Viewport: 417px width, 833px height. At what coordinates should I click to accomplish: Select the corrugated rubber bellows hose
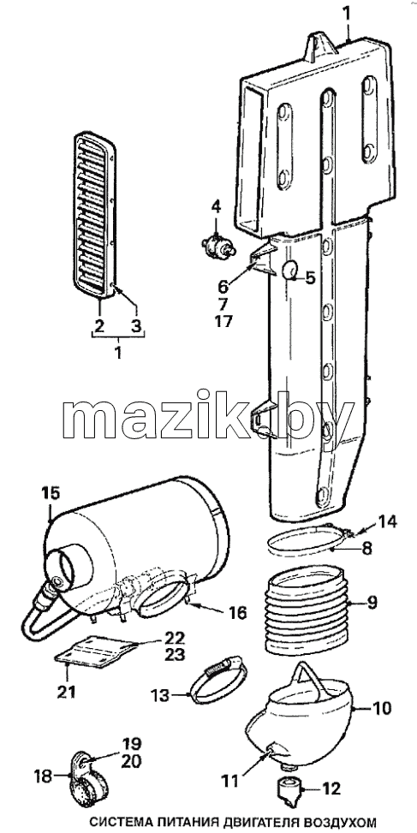tap(308, 610)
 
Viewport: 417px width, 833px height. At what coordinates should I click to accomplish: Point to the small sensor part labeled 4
tap(216, 246)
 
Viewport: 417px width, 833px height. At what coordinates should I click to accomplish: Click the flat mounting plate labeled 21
tap(96, 651)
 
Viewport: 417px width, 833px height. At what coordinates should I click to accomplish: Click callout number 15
tap(52, 491)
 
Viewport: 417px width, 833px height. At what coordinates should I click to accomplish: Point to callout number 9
tap(372, 603)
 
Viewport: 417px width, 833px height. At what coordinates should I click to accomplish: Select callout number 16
tap(237, 613)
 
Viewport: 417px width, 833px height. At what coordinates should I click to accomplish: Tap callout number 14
tap(386, 521)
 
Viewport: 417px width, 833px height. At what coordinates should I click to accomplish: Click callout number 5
tap(309, 277)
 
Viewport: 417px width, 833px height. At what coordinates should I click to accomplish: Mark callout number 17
tap(223, 321)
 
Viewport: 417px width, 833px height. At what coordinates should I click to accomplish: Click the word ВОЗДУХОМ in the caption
tap(334, 822)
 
